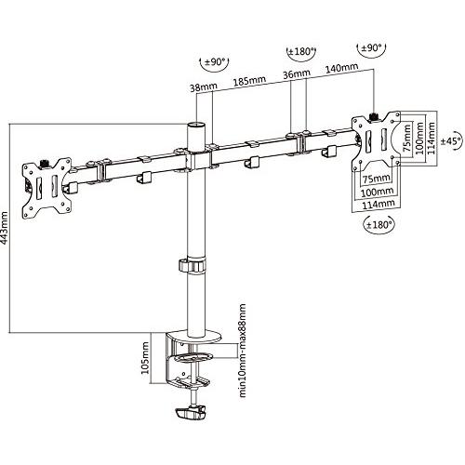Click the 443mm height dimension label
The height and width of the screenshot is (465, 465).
click(x=5, y=228)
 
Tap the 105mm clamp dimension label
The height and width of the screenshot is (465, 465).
click(x=145, y=358)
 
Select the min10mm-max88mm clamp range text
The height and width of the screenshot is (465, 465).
click(x=243, y=351)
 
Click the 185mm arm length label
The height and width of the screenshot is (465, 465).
click(x=249, y=81)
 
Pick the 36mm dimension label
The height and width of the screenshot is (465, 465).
click(x=297, y=74)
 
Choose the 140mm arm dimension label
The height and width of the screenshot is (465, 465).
click(x=341, y=68)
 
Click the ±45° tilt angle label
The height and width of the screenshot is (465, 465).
click(x=451, y=141)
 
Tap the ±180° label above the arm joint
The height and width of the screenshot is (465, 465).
click(x=301, y=51)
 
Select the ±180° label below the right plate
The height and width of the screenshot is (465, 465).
click(x=379, y=224)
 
